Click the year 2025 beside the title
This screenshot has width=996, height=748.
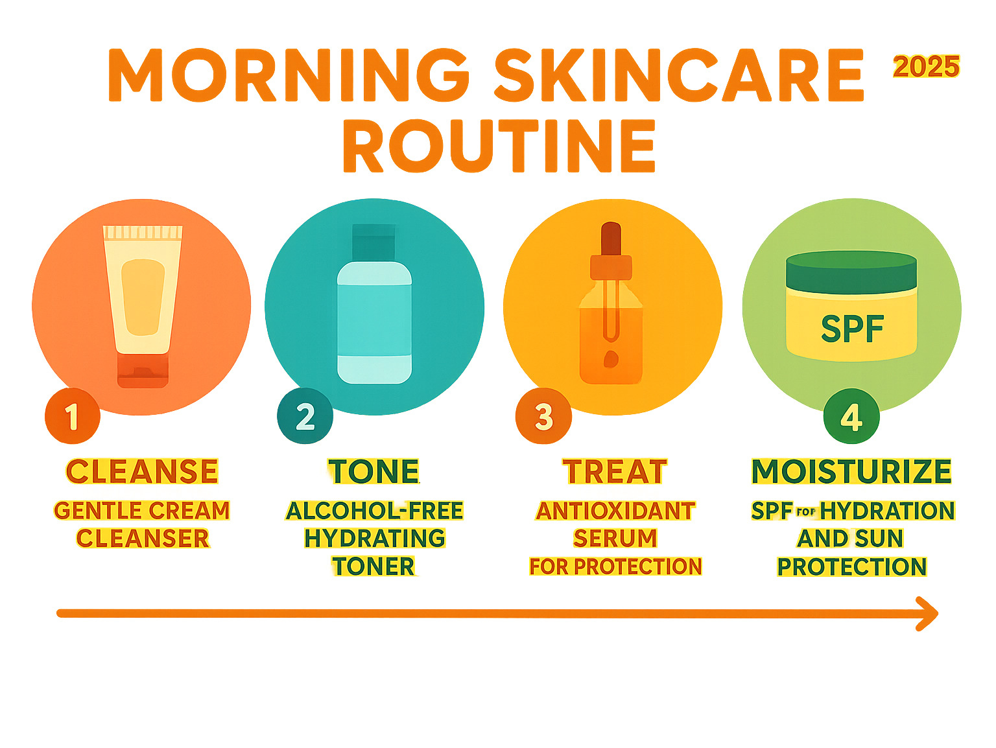pyautogui.click(x=926, y=67)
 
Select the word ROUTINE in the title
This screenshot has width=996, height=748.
pyautogui.click(x=499, y=146)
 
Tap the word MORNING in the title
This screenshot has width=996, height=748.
pyautogui.click(x=288, y=75)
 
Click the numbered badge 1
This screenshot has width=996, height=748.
pyautogui.click(x=73, y=415)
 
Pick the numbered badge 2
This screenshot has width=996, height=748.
pyautogui.click(x=305, y=415)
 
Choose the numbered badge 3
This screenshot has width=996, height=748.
pyautogui.click(x=543, y=416)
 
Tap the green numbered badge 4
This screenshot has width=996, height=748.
pyautogui.click(x=851, y=416)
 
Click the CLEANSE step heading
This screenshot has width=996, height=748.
pyautogui.click(x=142, y=471)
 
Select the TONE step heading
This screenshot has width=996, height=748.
pyautogui.click(x=374, y=471)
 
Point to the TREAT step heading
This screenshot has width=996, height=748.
pyautogui.click(x=615, y=471)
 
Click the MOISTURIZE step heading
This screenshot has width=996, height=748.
pyautogui.click(x=851, y=471)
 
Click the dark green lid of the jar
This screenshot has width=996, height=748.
pyautogui.click(x=851, y=272)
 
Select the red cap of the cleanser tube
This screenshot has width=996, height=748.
pyautogui.click(x=143, y=370)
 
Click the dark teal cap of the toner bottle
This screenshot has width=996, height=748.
pyautogui.click(x=374, y=242)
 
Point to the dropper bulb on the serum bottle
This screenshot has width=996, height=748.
pyautogui.click(x=611, y=239)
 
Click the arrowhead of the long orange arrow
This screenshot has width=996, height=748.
pyautogui.click(x=928, y=614)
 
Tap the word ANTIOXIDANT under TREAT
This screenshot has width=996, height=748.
pyautogui.click(x=615, y=511)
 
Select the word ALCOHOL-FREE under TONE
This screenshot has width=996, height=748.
pyautogui.click(x=374, y=511)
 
